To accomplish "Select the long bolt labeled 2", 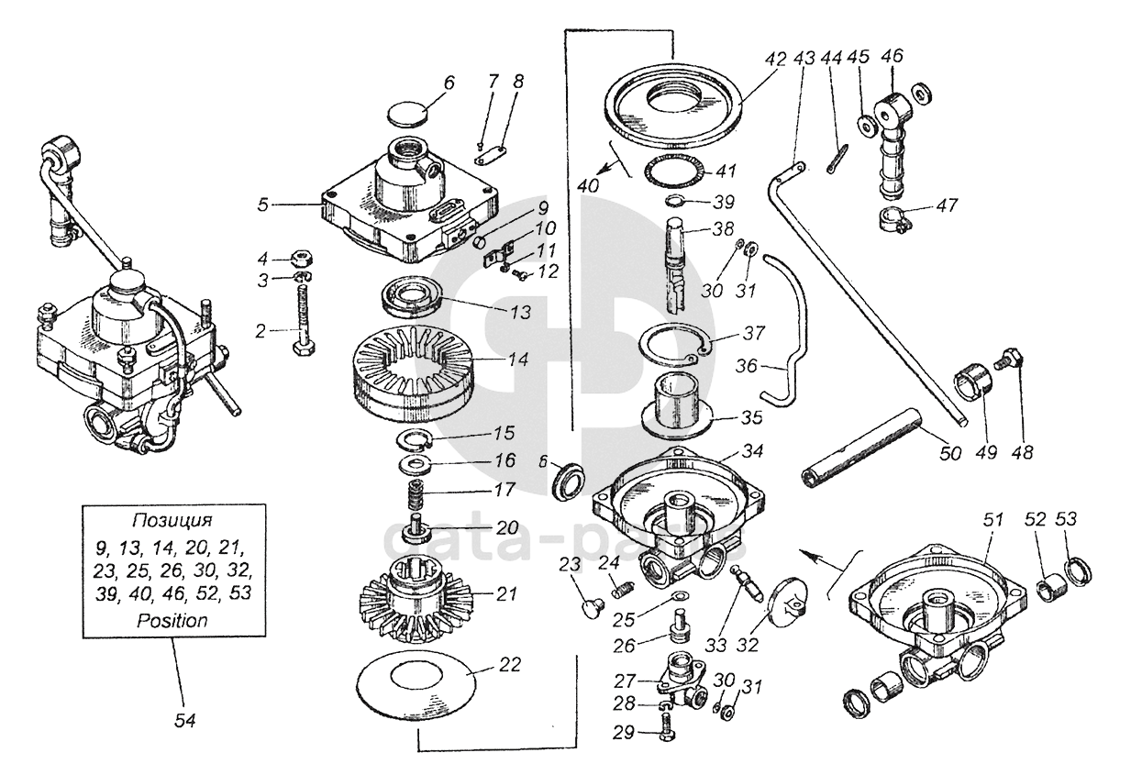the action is (x=303, y=320).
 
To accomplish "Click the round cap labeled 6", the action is (x=406, y=114).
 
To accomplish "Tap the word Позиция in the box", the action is (x=172, y=520).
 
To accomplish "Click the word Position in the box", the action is (x=172, y=620).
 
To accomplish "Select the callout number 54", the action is (x=184, y=721).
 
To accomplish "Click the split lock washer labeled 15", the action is (x=414, y=437).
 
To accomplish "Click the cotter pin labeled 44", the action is (x=837, y=159).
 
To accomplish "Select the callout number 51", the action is (x=992, y=519).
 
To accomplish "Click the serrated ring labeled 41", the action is (x=673, y=172).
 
